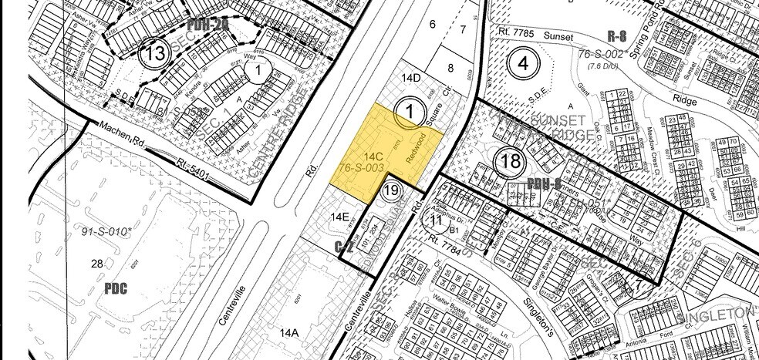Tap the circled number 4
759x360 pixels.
(525, 63)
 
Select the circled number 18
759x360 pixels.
(511, 161)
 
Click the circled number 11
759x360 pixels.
(436, 220)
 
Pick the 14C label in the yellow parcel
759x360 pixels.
(373, 156)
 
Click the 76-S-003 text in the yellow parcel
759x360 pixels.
(361, 167)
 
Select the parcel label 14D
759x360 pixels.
(411, 78)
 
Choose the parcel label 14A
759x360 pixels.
(288, 333)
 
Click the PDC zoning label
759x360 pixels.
(116, 289)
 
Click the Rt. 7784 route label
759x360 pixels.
(454, 245)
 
